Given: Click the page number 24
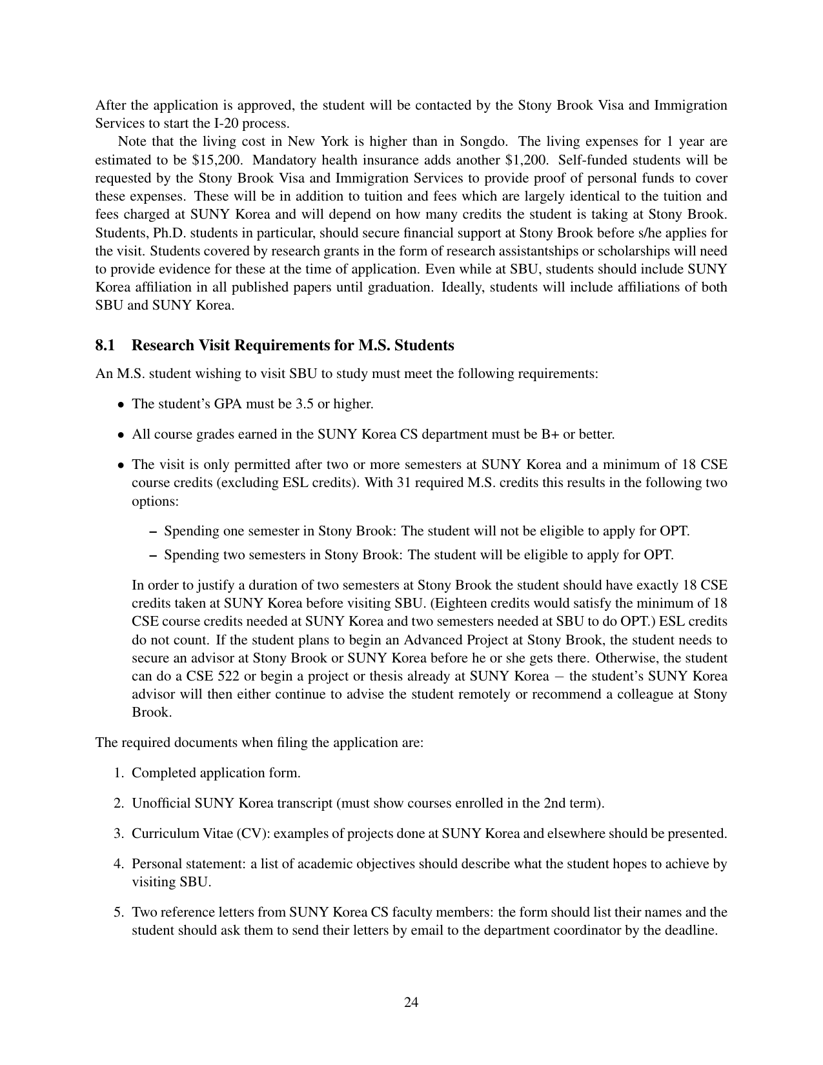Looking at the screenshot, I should coord(411,1002).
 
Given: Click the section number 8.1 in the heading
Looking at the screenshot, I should coord(105,346).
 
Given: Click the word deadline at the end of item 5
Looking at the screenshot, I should coord(691,931).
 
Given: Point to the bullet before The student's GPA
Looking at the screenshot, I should coord(121,405).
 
